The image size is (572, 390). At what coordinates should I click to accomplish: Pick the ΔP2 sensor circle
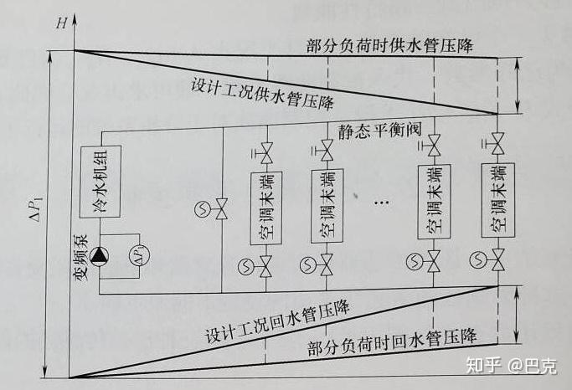138,255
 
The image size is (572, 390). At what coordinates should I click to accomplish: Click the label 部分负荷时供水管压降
389,45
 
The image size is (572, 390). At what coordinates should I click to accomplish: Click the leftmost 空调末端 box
267,208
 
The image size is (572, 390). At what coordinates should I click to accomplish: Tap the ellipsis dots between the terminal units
381,203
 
